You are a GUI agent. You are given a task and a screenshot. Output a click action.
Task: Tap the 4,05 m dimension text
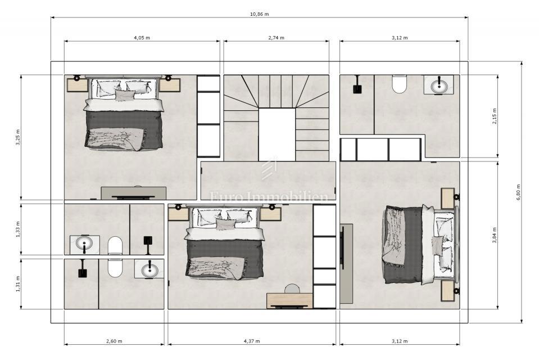point(142,38)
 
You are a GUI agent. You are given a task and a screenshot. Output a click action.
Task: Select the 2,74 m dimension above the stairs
point(276,38)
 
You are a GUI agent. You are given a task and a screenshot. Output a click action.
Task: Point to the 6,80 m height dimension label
point(518,192)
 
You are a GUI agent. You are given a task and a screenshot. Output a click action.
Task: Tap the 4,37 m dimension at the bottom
point(251,341)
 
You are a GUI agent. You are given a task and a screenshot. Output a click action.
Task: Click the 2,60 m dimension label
point(114,341)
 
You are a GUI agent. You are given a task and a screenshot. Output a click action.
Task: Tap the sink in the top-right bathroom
point(439,85)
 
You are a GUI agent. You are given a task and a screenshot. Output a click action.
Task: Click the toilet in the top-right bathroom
point(400,84)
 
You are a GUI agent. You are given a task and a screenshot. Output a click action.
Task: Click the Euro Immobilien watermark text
point(269,196)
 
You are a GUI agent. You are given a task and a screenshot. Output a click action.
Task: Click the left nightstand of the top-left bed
point(76,85)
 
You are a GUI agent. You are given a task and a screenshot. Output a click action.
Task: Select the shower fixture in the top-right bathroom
point(356,88)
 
